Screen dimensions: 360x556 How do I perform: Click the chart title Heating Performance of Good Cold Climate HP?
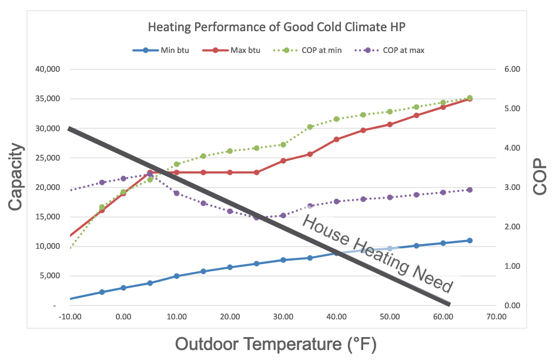coord(278,27)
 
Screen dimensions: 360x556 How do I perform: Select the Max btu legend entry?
coord(237,50)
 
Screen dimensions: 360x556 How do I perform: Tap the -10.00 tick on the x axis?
coord(70,317)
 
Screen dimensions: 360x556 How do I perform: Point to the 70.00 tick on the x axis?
coord(496,317)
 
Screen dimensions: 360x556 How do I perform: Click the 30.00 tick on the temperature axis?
coord(283,317)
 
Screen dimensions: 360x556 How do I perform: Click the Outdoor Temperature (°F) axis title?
coord(275,344)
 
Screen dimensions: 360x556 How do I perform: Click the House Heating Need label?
coord(377,254)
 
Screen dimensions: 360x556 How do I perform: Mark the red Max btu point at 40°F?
coord(337,139)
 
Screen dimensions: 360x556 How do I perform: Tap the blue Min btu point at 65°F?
coord(470,241)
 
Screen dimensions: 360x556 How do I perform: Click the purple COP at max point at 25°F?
coord(256,218)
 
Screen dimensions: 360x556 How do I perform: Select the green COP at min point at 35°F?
coord(310,127)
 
